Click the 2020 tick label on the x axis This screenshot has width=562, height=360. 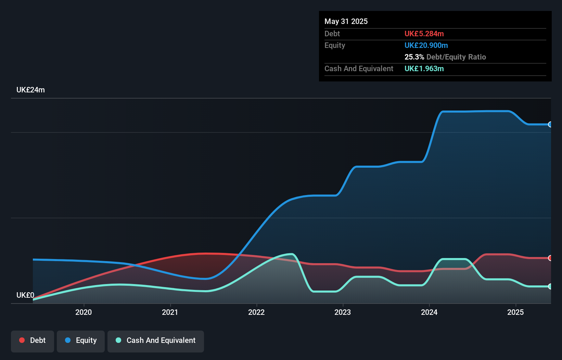[84, 312]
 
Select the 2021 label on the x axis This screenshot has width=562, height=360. [170, 312]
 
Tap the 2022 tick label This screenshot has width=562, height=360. [256, 312]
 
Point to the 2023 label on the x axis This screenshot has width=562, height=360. [343, 312]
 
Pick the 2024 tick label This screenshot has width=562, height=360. [429, 312]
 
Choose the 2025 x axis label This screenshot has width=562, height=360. [515, 312]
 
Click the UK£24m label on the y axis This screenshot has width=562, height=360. [30, 90]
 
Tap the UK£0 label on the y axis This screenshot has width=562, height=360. [25, 295]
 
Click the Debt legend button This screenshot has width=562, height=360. [33, 340]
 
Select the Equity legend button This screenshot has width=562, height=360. [81, 340]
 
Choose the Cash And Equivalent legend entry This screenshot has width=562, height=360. [156, 340]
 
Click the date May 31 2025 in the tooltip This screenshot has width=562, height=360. [346, 21]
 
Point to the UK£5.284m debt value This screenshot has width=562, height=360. [424, 34]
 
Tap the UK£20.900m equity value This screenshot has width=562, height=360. [426, 45]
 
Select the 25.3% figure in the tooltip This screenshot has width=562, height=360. [414, 57]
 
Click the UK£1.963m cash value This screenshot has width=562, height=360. [424, 68]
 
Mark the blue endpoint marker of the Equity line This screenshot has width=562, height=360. [550, 125]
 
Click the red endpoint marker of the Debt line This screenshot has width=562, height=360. [550, 258]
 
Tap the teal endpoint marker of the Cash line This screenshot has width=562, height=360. [550, 286]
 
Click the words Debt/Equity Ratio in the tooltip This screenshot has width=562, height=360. [456, 57]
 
